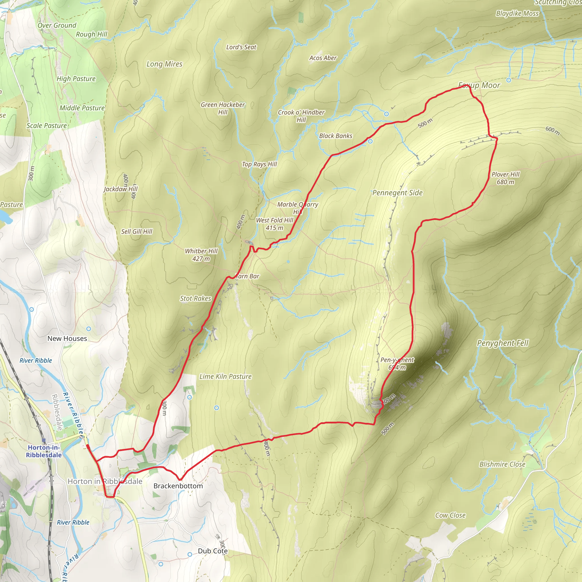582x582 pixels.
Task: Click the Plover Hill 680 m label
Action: (x=505, y=178)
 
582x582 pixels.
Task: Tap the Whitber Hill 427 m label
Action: (x=201, y=255)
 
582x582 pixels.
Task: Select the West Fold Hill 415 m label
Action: (x=274, y=224)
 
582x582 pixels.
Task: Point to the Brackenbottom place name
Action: (x=178, y=486)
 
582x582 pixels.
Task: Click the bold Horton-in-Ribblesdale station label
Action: (x=44, y=451)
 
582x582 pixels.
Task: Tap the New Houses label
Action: (x=67, y=338)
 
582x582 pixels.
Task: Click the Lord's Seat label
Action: (x=241, y=47)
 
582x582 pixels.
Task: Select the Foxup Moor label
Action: (x=479, y=86)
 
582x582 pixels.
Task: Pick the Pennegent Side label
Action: (x=397, y=193)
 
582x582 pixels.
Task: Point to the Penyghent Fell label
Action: (x=502, y=343)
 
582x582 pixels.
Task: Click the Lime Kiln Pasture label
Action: (x=225, y=377)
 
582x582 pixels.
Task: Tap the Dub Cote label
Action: (x=213, y=551)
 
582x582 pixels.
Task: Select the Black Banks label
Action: (x=336, y=136)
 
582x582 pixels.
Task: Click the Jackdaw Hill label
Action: (x=120, y=189)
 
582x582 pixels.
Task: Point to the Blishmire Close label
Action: (x=502, y=465)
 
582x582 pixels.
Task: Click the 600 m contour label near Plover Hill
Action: (x=552, y=131)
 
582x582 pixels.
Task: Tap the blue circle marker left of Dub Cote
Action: (x=190, y=554)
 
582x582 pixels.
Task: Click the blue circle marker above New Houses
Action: (x=89, y=329)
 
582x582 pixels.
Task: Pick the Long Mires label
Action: (x=165, y=64)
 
